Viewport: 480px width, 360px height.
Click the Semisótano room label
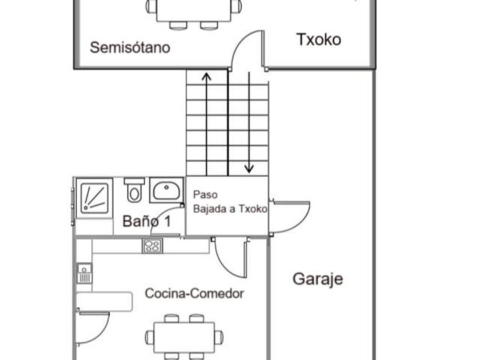tap(130, 47)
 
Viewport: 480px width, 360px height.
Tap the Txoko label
tap(319, 39)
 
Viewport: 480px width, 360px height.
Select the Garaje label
tap(318, 279)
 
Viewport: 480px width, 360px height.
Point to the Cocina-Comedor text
tap(194, 294)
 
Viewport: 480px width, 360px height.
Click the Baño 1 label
tap(147, 221)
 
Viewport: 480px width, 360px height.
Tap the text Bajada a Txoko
tap(230, 209)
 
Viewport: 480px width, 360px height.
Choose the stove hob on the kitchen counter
tap(152, 246)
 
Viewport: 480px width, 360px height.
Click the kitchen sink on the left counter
tap(85, 273)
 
